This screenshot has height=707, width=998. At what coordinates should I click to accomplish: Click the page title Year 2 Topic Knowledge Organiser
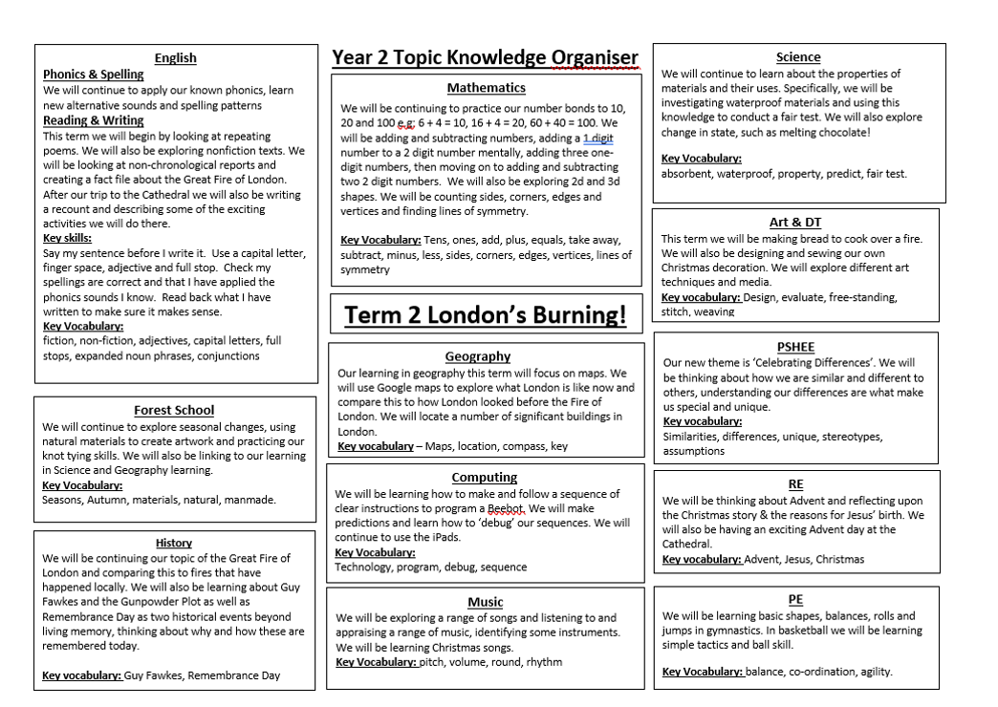point(485,57)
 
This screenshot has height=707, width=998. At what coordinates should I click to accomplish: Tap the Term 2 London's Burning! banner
point(486,315)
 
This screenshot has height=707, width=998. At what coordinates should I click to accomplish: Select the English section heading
point(176,58)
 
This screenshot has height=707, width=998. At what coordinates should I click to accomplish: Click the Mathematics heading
point(486,88)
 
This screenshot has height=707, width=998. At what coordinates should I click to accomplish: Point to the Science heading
point(798,57)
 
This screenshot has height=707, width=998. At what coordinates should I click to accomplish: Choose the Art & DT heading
point(795,223)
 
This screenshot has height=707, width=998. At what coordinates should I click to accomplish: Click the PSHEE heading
point(795,347)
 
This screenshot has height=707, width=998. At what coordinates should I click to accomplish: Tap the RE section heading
point(795,484)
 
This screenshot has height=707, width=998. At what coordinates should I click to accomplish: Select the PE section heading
point(795,599)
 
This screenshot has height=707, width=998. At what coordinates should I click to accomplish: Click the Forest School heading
point(174,411)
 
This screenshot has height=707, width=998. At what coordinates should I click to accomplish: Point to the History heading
point(174,543)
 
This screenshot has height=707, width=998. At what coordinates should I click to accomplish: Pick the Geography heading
point(478,356)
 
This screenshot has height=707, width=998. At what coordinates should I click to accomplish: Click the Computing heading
point(485,477)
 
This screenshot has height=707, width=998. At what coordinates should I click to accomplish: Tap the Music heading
point(485,602)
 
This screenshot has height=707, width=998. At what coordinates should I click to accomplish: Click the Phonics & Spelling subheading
point(94,75)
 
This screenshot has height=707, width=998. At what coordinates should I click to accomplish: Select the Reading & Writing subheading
point(94,121)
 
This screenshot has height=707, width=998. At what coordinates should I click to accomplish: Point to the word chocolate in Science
point(838,133)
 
